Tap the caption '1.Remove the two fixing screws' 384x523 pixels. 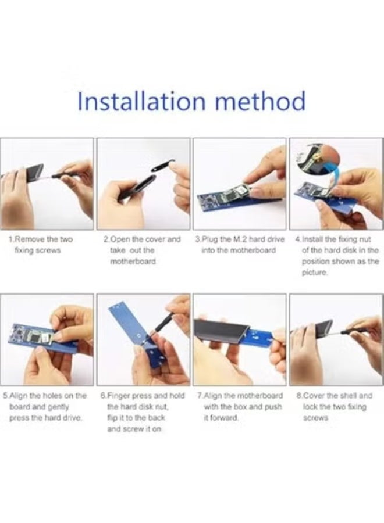point(40,245)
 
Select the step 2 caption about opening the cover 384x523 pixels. point(142,250)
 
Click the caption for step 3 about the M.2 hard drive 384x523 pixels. point(240,245)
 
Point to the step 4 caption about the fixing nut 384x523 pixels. point(337,256)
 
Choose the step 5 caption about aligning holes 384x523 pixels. point(45,407)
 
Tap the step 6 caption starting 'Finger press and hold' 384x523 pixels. point(143,412)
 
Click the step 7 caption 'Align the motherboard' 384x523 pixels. point(240,407)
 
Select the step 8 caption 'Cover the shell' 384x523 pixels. point(334,407)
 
